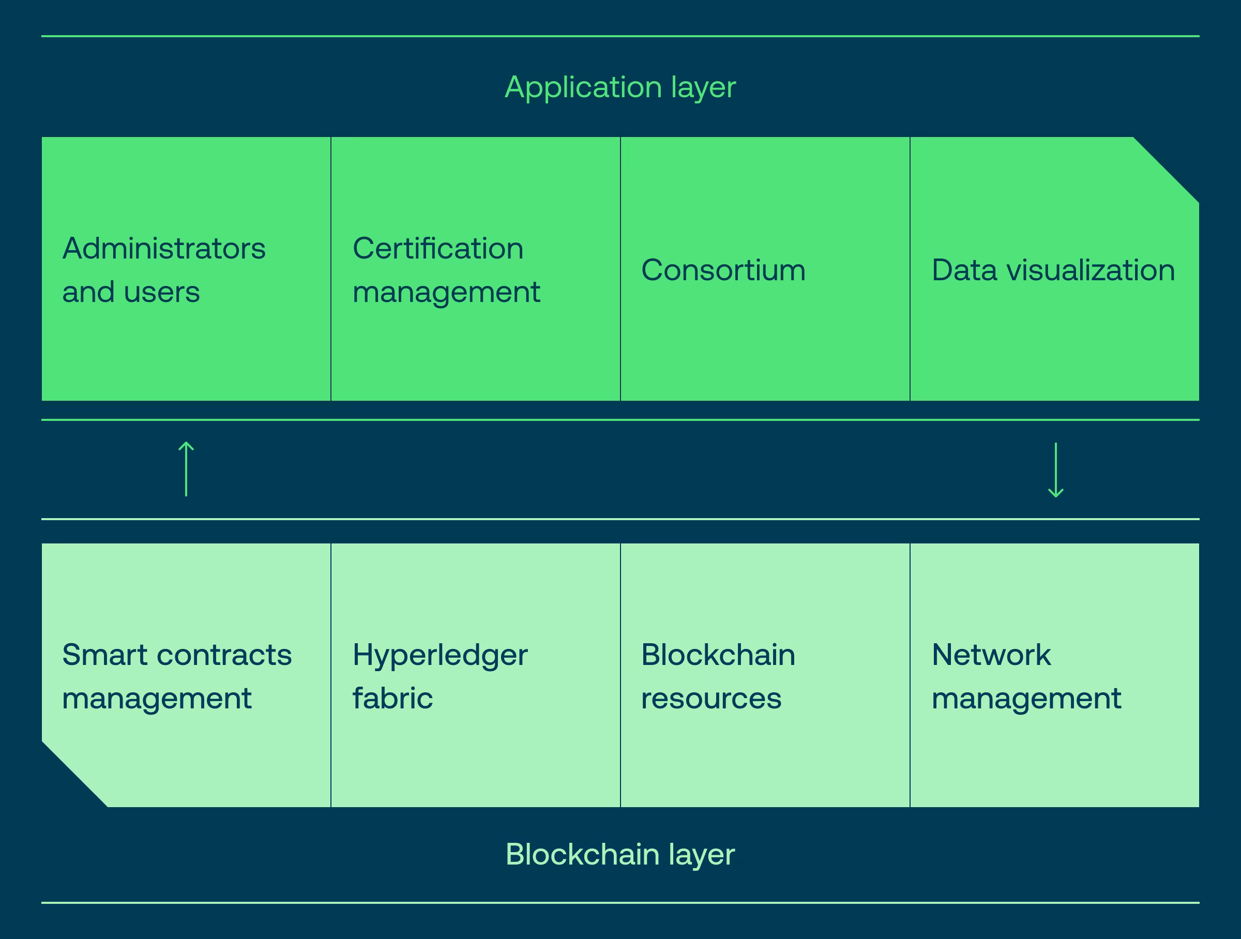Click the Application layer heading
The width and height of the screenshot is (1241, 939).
point(620,87)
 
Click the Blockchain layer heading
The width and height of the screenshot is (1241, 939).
point(620,854)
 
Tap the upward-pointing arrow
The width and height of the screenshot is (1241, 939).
point(186,469)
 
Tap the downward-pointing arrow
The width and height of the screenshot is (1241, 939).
point(1056,470)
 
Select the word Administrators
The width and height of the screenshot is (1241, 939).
point(164,249)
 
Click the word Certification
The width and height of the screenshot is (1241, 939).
point(437,249)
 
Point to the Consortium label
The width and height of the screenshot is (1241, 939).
point(723,270)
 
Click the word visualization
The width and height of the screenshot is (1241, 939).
point(1091,270)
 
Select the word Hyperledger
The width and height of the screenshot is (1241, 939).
point(440,656)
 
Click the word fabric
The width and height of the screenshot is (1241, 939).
point(392,699)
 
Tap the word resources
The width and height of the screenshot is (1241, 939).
point(711,699)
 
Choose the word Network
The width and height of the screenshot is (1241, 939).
point(991,655)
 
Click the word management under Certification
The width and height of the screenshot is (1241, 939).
point(446,293)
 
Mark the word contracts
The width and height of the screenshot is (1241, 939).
point(224,655)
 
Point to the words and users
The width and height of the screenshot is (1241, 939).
point(131,292)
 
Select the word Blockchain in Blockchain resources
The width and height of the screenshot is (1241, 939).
point(718,655)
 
